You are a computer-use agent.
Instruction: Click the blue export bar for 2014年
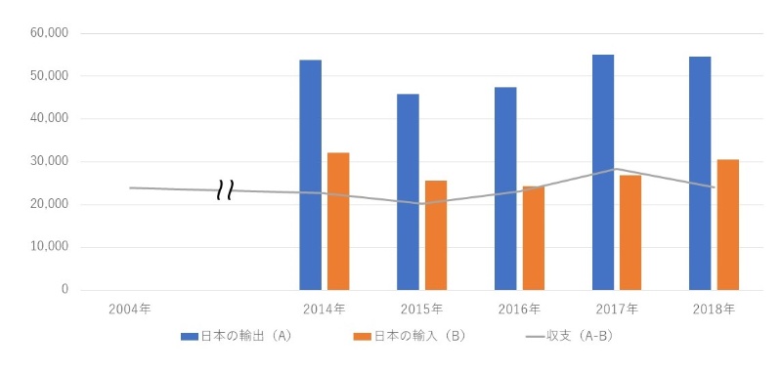point(311,176)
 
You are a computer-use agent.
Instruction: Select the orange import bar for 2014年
point(338,222)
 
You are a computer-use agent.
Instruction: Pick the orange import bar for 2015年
point(436,235)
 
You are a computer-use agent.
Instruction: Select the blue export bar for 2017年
point(603,172)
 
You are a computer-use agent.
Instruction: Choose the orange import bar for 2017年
point(630,232)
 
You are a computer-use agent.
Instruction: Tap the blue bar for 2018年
point(700,173)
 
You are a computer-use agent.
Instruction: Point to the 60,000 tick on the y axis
point(50,33)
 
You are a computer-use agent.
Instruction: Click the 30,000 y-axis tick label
point(50,162)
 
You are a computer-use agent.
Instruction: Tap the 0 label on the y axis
point(64,290)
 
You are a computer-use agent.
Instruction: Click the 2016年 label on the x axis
point(519,309)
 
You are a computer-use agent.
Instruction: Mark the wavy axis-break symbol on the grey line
point(225,190)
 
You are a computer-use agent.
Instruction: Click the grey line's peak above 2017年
point(617,169)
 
